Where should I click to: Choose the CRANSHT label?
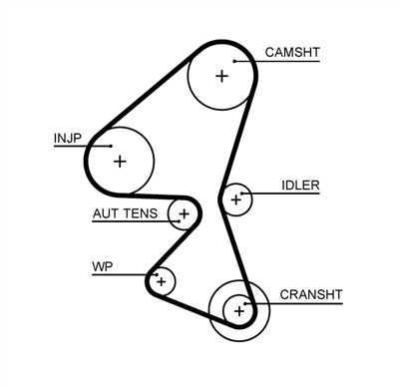[x=310, y=294]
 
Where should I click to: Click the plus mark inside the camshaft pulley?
[x=221, y=75]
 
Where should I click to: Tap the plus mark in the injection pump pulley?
[x=120, y=161]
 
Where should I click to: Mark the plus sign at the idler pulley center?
[x=236, y=199]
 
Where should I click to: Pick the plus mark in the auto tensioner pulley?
[x=184, y=213]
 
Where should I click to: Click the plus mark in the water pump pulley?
[x=161, y=281]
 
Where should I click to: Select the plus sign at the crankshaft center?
[x=239, y=311]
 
